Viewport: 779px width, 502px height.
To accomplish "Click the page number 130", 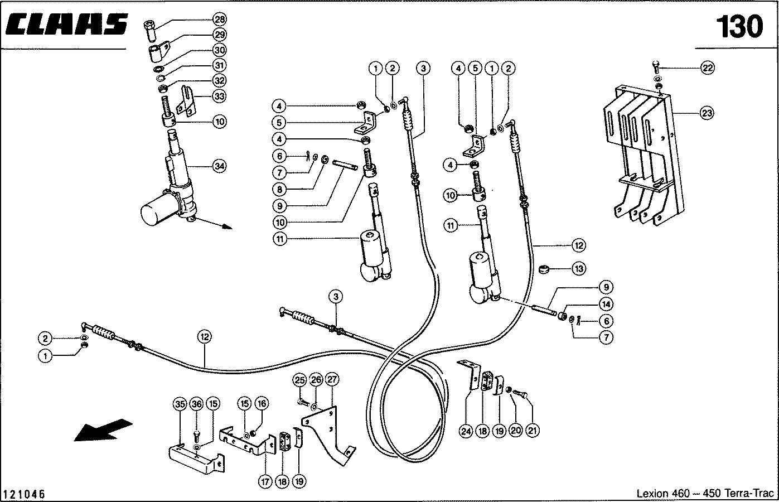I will coord(738,26).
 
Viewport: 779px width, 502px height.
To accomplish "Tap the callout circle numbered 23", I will coord(707,113).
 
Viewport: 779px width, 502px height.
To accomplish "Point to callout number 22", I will coord(707,68).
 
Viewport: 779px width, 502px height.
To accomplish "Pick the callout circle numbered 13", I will coord(579,268).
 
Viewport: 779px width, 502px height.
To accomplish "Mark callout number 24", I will coord(466,431).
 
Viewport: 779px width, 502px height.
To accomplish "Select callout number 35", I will coord(179,404).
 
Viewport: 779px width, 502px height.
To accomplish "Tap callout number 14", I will coord(606,304).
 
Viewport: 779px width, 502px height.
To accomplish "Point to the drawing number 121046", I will coord(24,495).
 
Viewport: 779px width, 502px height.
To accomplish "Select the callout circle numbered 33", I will coord(220,96).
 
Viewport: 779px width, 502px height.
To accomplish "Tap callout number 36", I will coord(196,404).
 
